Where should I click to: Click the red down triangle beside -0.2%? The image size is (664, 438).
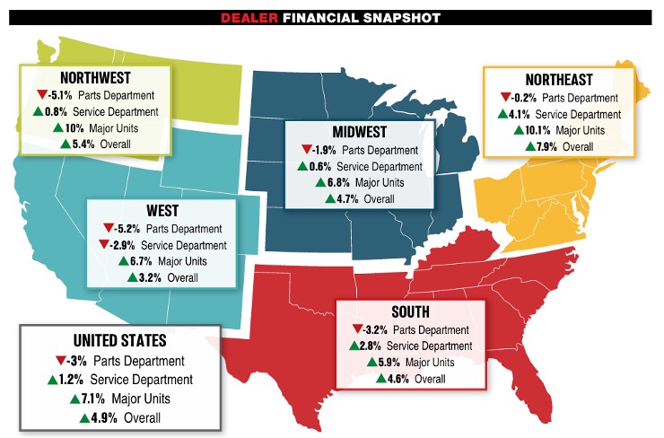[507, 98]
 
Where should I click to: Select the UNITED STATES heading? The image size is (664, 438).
[119, 342]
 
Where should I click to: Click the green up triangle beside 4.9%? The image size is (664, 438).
[85, 417]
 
